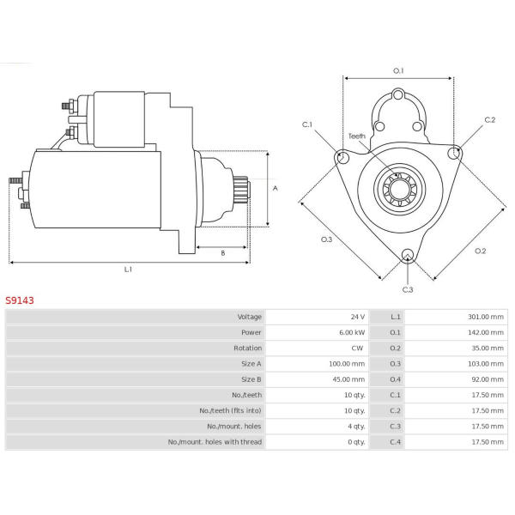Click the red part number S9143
(x=20, y=300)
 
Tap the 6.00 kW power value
(x=352, y=332)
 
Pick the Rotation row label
(x=248, y=348)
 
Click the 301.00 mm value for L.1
(x=486, y=317)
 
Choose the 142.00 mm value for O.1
(x=486, y=332)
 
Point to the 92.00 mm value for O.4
(x=488, y=379)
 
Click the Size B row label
(x=251, y=379)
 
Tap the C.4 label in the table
(x=395, y=442)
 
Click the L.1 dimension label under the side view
(x=128, y=270)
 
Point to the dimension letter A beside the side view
(x=276, y=188)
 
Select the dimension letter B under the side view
(x=223, y=253)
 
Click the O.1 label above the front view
(x=398, y=70)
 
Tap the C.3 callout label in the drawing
(x=408, y=290)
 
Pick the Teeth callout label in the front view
(x=357, y=136)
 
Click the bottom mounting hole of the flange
(x=408, y=255)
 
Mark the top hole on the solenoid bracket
(x=398, y=95)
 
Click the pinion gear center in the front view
(x=400, y=189)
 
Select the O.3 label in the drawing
(x=326, y=239)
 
